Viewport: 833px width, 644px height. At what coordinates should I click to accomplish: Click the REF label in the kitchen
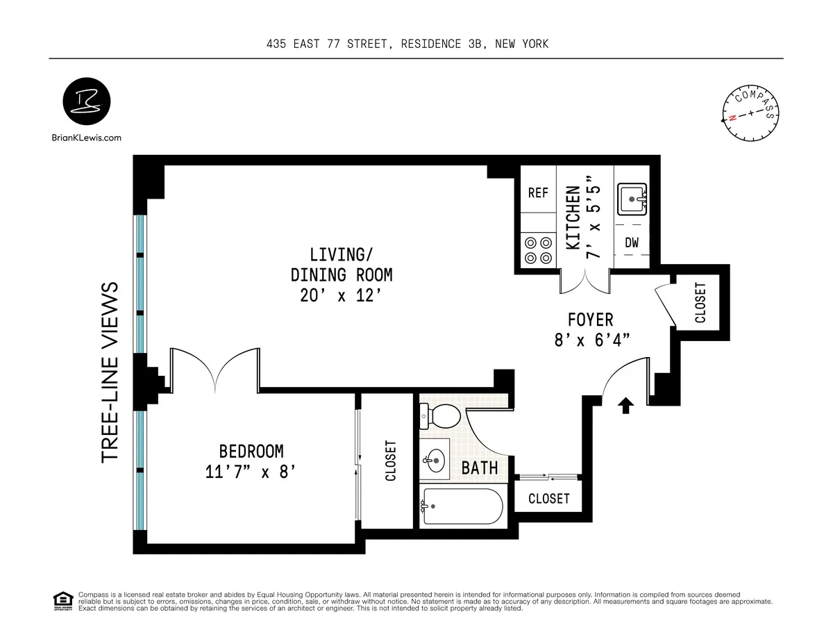[538, 193]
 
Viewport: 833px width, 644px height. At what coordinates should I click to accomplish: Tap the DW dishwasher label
[632, 243]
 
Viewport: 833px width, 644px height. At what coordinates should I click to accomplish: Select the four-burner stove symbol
[539, 250]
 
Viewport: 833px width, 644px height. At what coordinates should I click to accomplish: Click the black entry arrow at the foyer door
[626, 405]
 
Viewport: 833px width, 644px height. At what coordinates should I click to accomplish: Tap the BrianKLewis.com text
[87, 138]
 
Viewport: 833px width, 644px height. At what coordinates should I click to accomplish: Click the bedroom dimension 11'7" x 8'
[251, 472]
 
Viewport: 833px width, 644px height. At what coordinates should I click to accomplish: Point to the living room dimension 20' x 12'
[341, 295]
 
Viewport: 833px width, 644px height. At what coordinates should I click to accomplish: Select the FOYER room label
[591, 320]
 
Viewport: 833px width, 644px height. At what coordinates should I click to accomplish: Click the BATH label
[480, 468]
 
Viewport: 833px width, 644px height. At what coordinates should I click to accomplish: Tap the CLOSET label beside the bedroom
[390, 461]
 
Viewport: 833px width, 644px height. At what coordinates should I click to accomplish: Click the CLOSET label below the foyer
[548, 499]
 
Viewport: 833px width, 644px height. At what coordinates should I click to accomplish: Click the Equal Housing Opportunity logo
[62, 601]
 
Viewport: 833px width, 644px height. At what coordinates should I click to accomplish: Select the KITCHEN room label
[573, 217]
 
